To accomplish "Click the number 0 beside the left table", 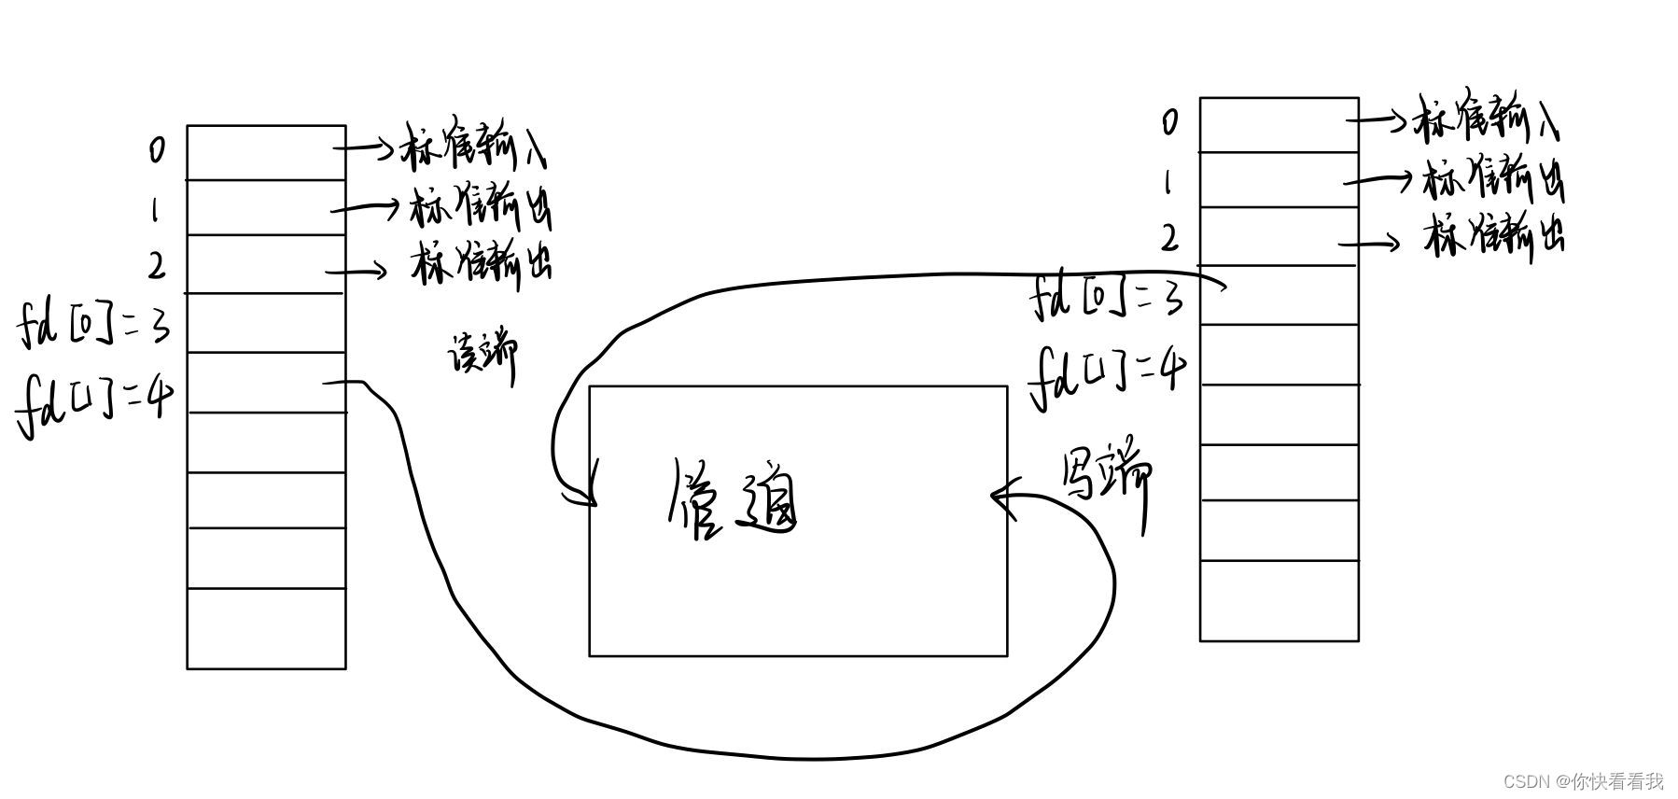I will (158, 149).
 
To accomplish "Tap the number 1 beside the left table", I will (155, 210).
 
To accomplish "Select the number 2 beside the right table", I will (1169, 239).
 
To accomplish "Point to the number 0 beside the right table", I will (1169, 121).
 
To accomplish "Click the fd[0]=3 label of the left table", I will (94, 326).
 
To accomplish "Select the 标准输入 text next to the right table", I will (1488, 119).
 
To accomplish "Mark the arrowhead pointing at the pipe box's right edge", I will (1000, 497).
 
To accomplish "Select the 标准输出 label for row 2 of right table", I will (1494, 237).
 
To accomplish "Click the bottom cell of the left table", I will (266, 628).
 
